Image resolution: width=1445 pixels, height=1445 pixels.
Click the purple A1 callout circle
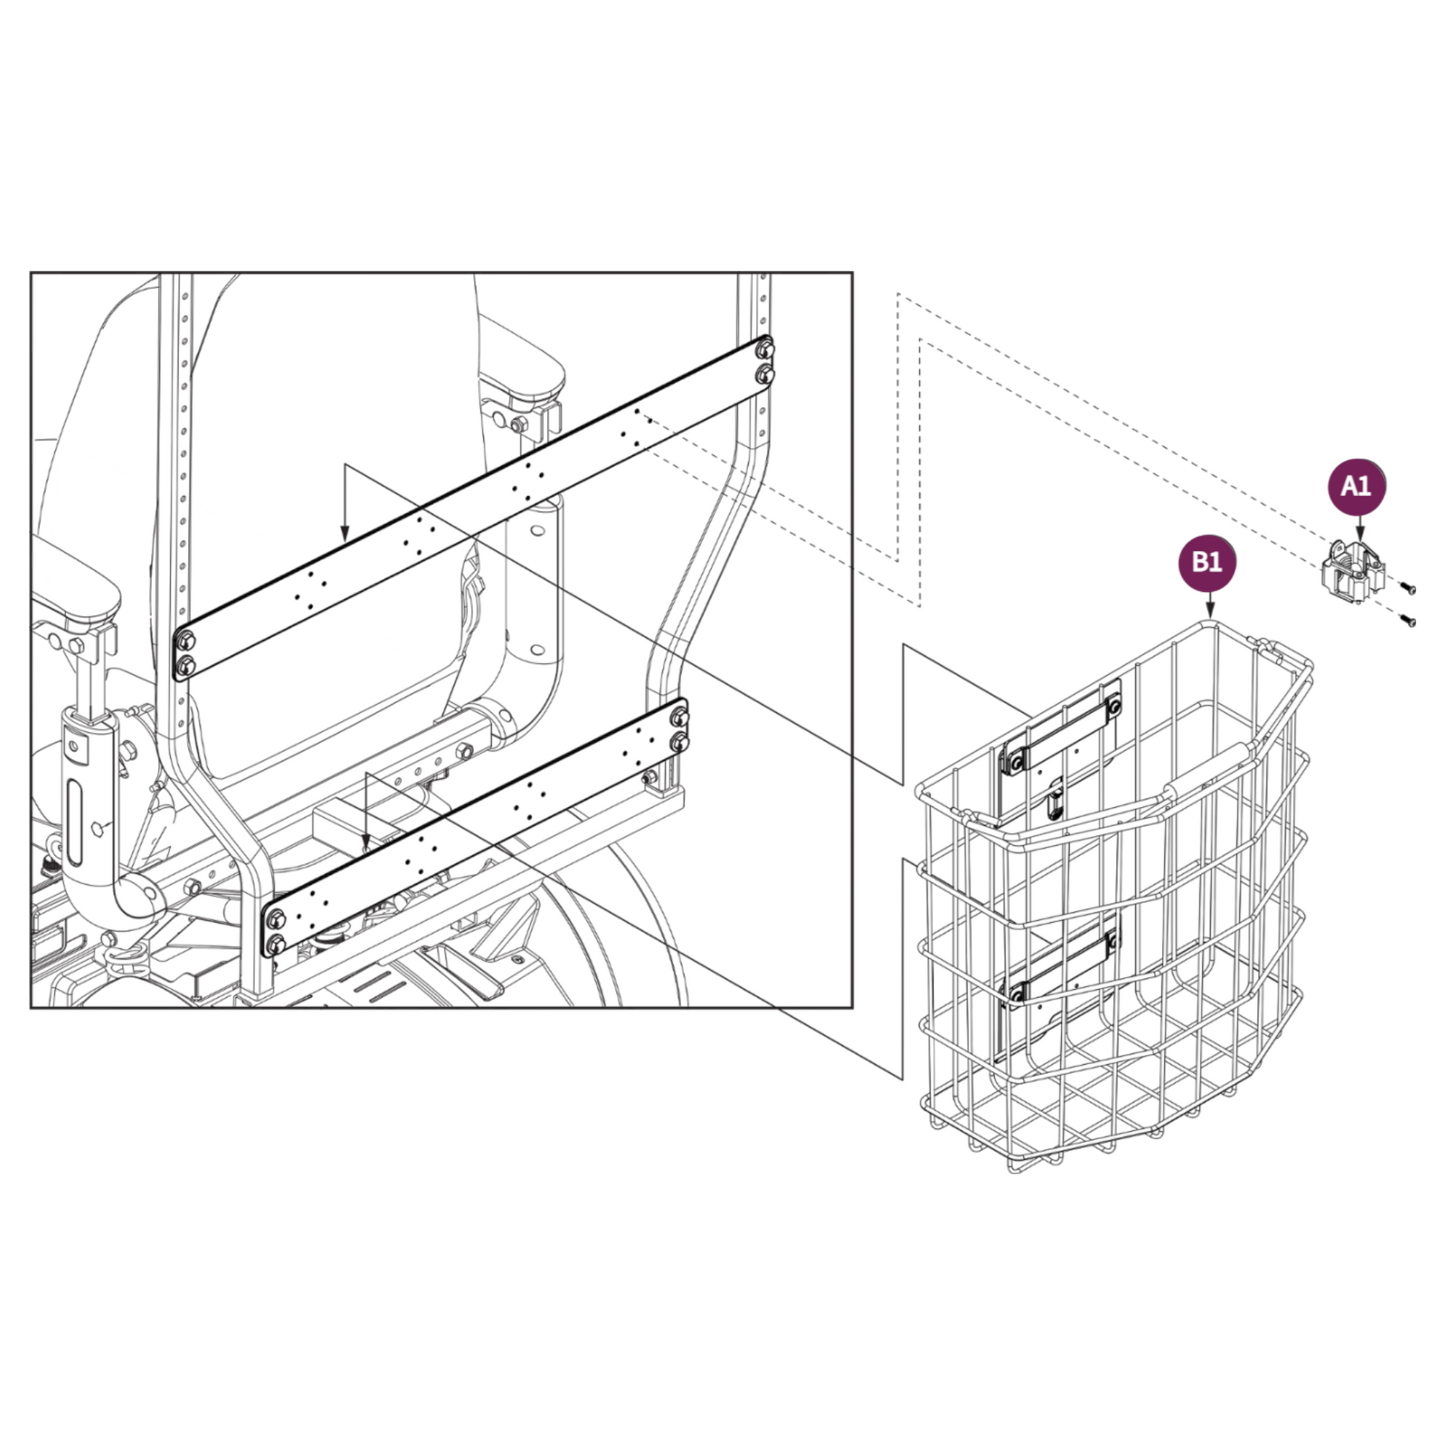tap(1356, 487)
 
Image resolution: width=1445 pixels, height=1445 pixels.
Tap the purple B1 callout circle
tap(1207, 562)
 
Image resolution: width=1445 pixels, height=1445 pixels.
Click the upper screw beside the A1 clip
tap(1409, 589)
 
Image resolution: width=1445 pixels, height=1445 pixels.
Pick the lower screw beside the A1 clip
tap(1409, 620)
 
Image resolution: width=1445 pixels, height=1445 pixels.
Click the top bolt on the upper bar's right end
tap(763, 349)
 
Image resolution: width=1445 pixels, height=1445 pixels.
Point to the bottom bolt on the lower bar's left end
tap(275, 944)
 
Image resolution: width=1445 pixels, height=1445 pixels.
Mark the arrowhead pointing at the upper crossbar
tap(344, 534)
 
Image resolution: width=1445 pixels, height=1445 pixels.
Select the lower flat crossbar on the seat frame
tap(476, 828)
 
